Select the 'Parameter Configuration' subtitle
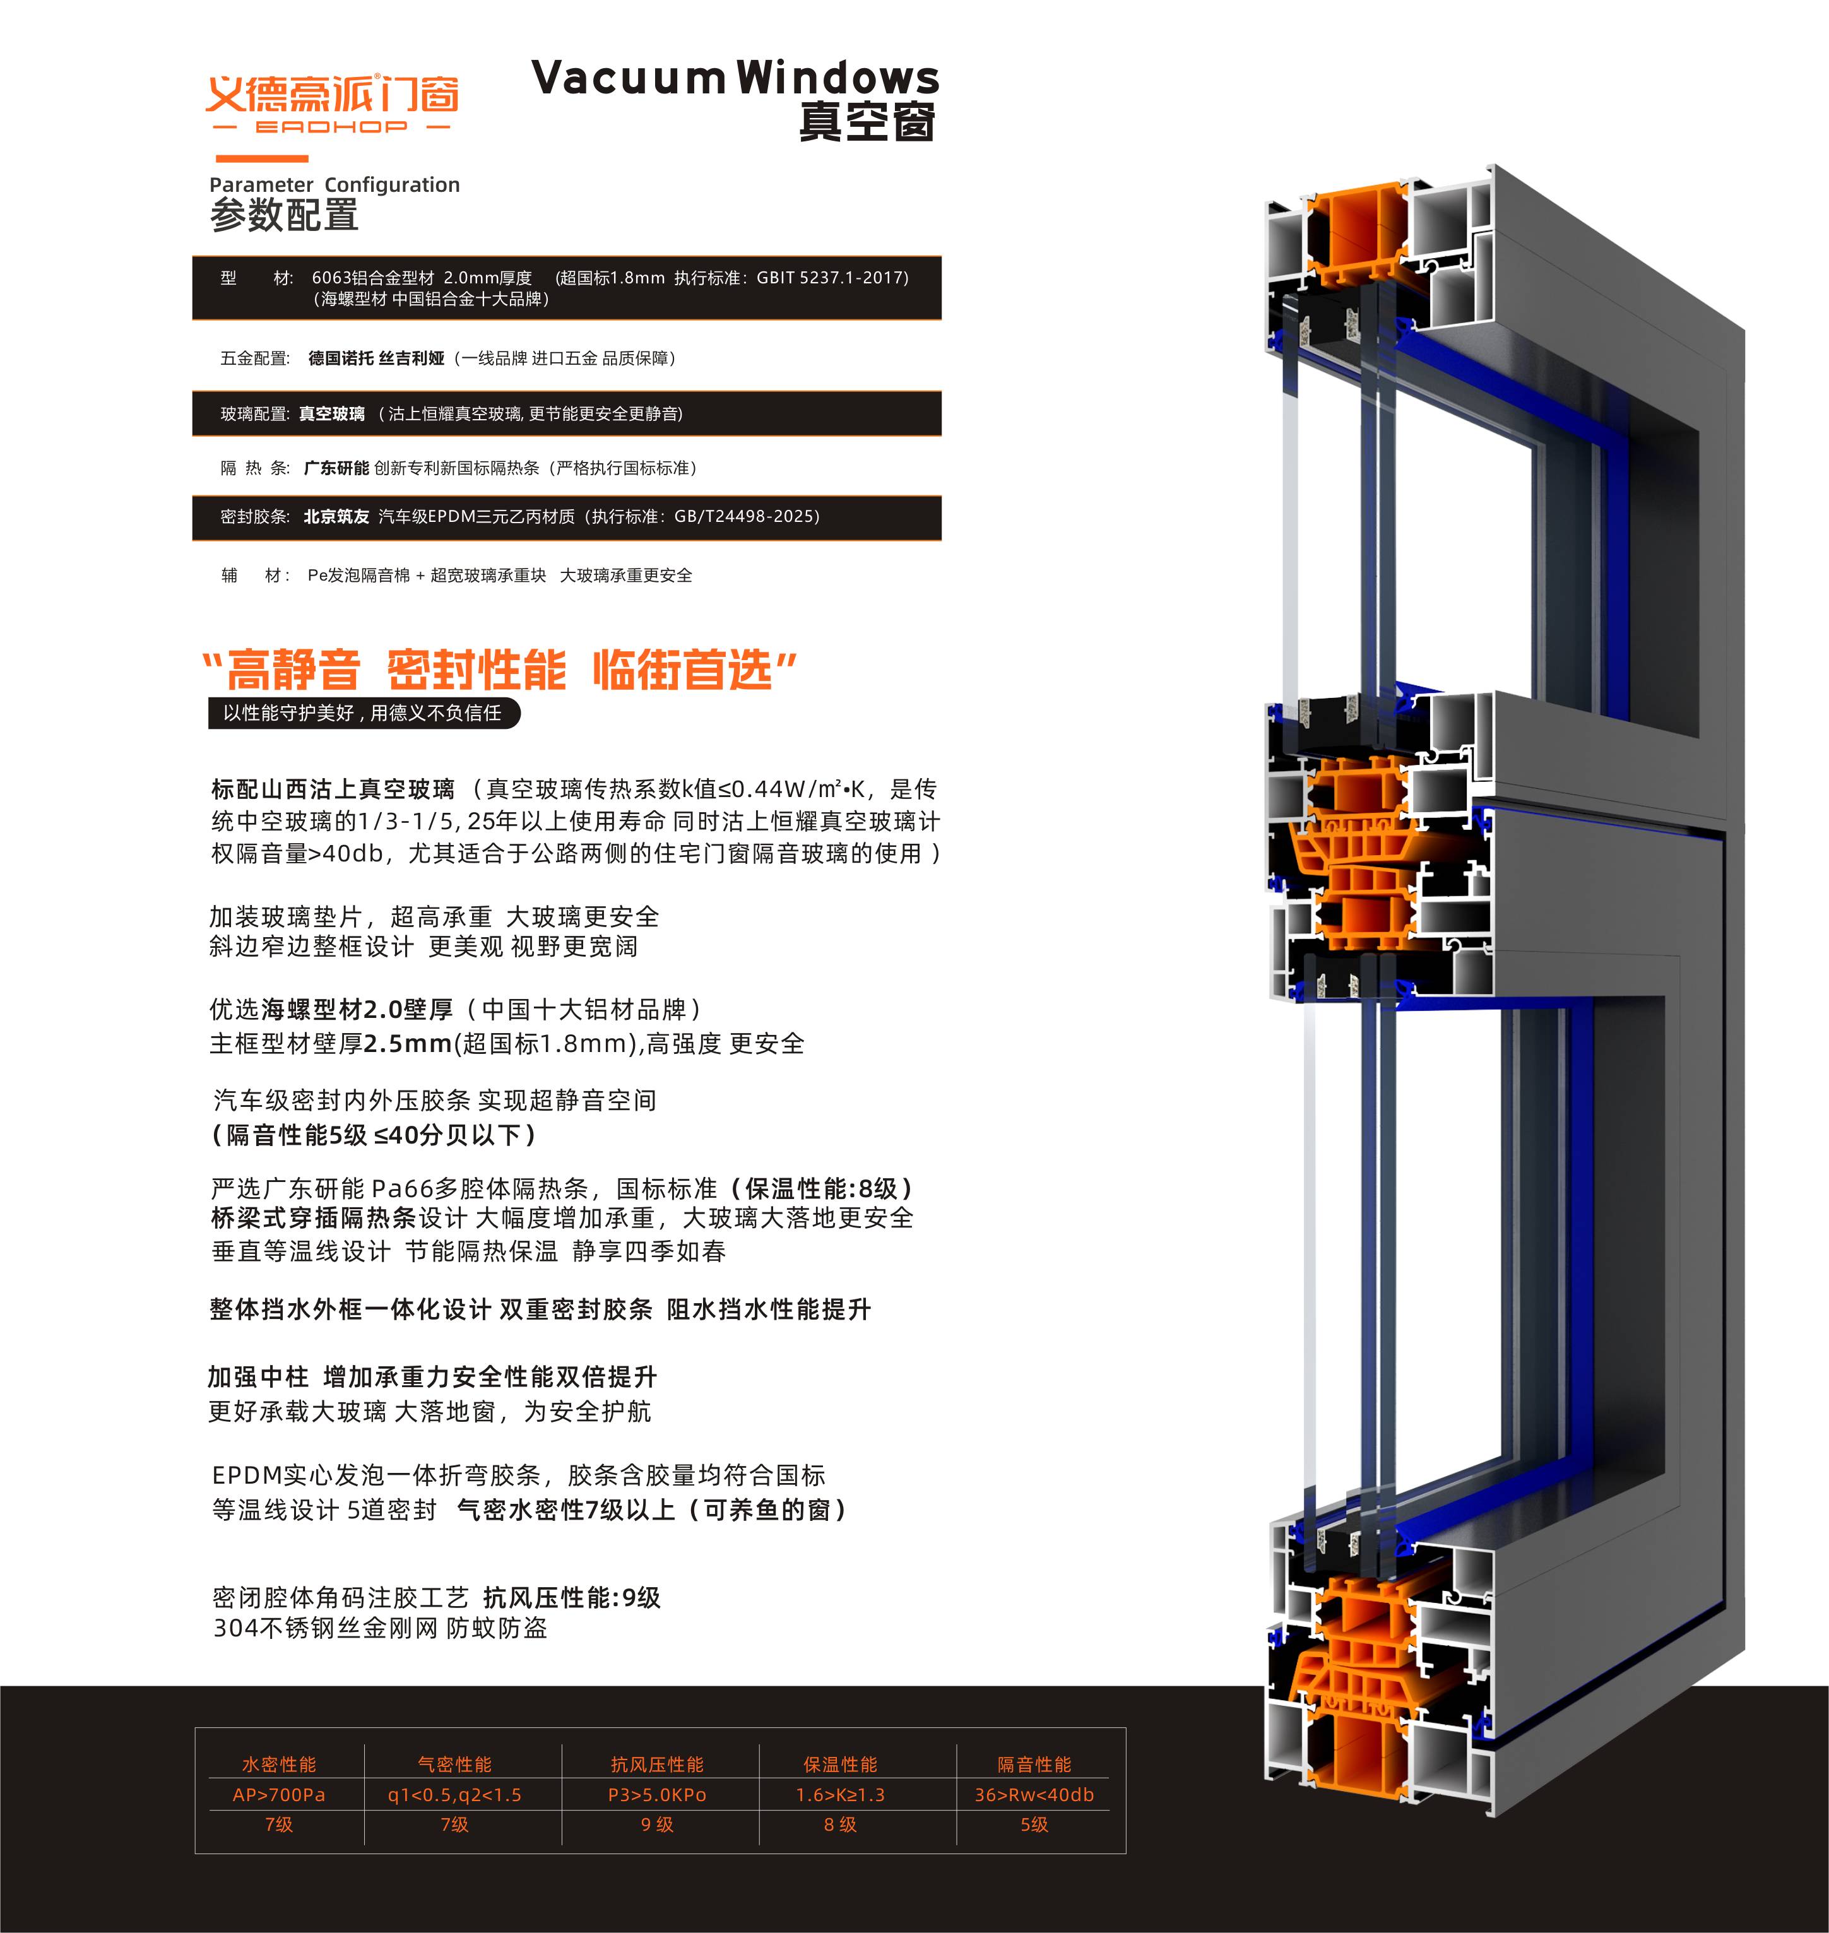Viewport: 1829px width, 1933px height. [334, 184]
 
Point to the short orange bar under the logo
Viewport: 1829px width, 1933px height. [261, 158]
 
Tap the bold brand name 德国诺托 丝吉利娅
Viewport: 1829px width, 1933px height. [376, 358]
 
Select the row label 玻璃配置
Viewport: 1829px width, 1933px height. [252, 414]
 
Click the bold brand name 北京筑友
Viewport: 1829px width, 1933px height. [336, 517]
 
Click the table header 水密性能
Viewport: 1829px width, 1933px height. [279, 1765]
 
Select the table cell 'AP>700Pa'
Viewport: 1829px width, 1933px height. [279, 1795]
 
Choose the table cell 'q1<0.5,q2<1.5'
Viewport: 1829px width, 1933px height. [454, 1795]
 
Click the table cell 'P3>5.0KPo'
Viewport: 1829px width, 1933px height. [657, 1795]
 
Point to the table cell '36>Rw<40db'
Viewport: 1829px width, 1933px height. [1034, 1795]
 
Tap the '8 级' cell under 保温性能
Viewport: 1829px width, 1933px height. [841, 1825]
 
